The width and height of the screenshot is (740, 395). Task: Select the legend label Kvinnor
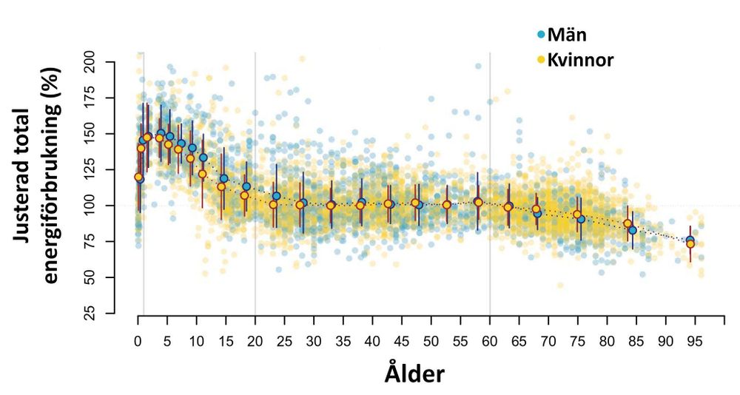[581, 60]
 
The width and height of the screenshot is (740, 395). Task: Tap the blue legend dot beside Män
[542, 34]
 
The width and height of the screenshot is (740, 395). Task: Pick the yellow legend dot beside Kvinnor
[542, 60]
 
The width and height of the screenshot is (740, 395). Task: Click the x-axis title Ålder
[414, 374]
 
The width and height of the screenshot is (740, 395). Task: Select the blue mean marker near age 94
[690, 240]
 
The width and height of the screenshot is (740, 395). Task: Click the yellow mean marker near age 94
[690, 244]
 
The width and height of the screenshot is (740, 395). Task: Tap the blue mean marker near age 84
[633, 231]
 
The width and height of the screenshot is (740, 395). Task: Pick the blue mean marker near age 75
[581, 220]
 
